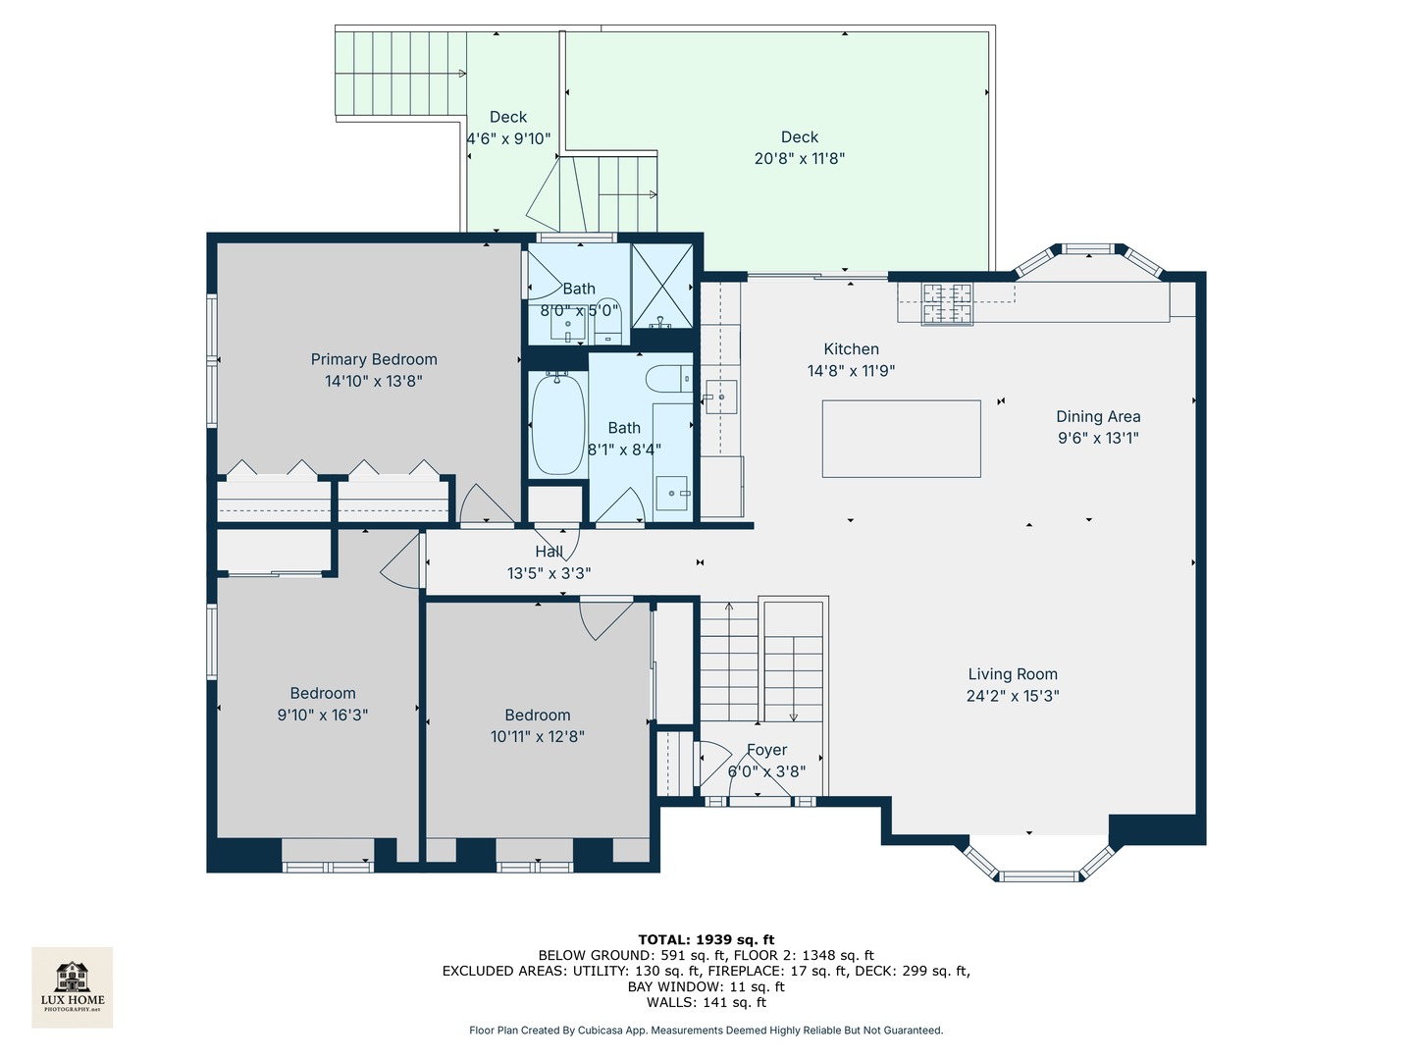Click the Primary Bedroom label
click(374, 359)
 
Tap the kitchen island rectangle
click(901, 439)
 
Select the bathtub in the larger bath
click(557, 425)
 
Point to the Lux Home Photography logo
click(73, 986)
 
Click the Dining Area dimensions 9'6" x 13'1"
click(1098, 438)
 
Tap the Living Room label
click(1013, 674)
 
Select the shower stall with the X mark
click(661, 286)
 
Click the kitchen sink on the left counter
click(721, 397)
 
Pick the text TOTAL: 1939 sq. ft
click(706, 939)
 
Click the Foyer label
click(766, 750)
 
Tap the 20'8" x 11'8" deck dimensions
click(800, 158)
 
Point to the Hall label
click(549, 552)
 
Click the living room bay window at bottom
click(1039, 868)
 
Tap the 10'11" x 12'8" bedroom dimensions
click(538, 736)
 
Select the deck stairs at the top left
click(399, 74)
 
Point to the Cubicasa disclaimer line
click(706, 1031)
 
